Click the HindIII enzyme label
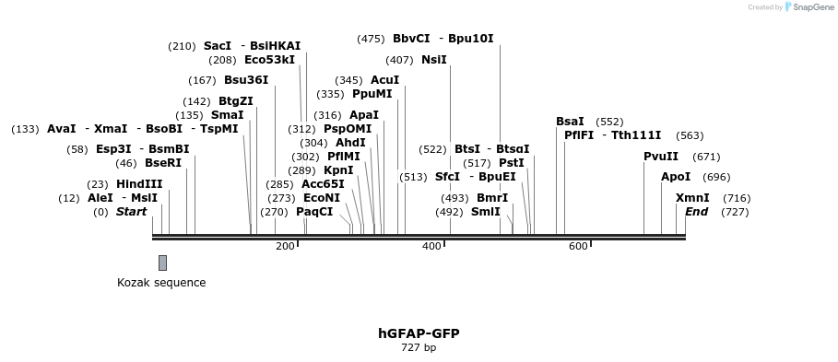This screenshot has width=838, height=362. (x=139, y=184)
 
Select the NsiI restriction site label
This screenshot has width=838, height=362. (x=433, y=60)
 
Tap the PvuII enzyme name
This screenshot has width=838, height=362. (x=661, y=157)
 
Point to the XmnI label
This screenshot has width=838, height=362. (x=692, y=198)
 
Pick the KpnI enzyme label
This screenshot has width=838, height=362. (x=338, y=170)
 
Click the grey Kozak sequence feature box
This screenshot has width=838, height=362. (x=162, y=263)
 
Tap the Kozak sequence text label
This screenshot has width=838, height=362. (x=161, y=283)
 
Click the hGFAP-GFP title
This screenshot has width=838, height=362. (x=419, y=333)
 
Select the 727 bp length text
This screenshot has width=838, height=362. (x=419, y=347)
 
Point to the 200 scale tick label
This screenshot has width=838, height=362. (x=285, y=246)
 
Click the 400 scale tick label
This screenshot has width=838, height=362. (x=431, y=246)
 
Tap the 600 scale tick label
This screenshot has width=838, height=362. (x=578, y=246)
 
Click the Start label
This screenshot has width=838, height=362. (x=131, y=212)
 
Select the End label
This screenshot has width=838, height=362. (x=696, y=212)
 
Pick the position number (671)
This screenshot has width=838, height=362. (x=706, y=157)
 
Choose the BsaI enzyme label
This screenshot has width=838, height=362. (x=570, y=122)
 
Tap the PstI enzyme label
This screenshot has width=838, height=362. (x=512, y=163)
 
